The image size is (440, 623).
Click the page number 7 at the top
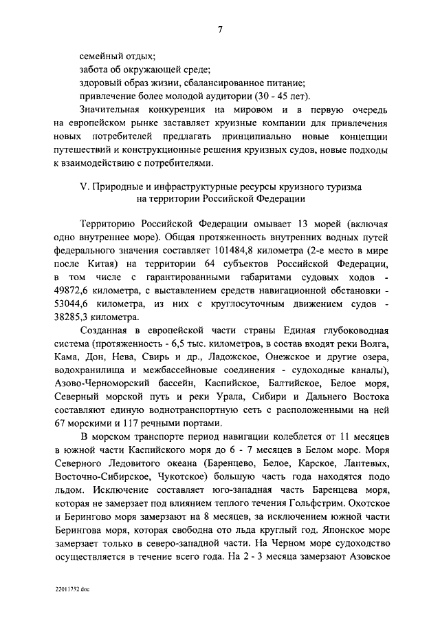(219, 29)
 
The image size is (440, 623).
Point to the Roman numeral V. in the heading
(85, 187)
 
